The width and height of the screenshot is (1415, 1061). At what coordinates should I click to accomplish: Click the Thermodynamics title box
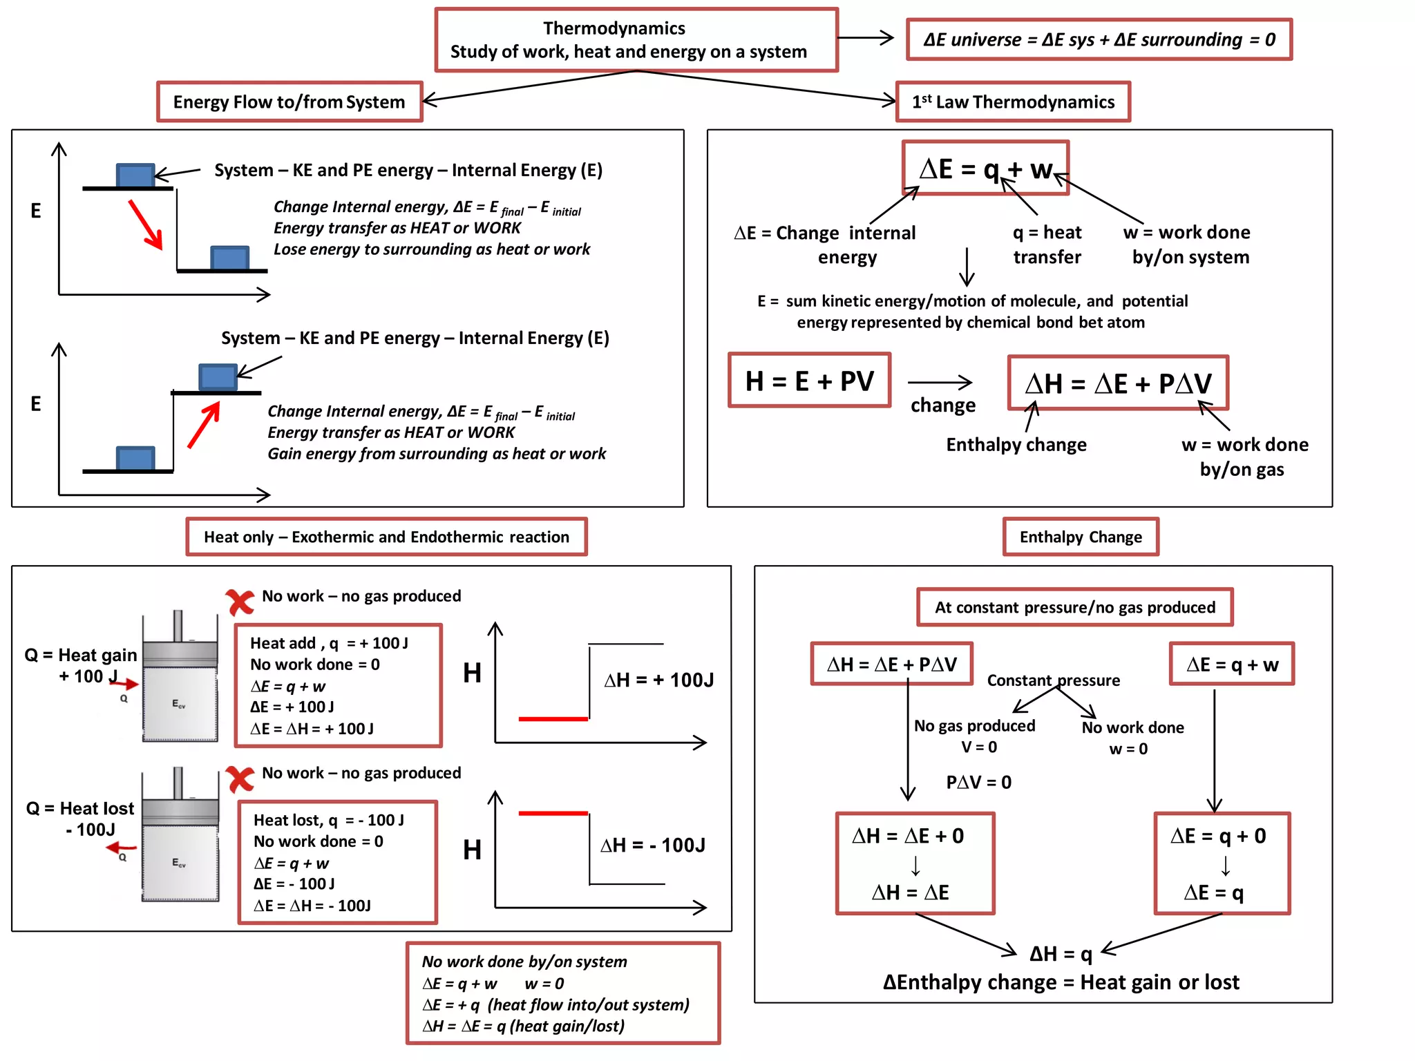pos(636,40)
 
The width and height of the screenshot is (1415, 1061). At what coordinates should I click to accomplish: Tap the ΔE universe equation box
pos(1099,39)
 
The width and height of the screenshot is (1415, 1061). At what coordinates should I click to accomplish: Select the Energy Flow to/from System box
pos(289,102)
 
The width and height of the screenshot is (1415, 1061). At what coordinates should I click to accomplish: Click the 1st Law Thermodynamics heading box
pos(1013,102)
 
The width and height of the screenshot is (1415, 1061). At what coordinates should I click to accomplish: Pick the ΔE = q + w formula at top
pos(985,169)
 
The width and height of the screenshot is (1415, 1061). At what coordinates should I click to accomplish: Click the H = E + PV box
pos(809,381)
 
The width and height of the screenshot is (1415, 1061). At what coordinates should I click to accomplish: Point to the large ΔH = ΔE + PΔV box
pos(1117,383)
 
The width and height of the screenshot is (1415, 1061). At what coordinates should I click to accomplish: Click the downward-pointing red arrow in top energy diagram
pos(146,224)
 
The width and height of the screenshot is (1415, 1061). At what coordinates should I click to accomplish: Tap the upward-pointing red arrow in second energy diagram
pos(204,424)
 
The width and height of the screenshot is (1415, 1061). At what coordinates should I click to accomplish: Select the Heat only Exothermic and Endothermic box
pos(386,537)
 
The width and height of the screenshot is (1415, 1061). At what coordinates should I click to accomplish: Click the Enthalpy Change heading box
pos(1081,537)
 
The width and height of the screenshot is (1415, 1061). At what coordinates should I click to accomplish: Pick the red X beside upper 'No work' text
pos(240,602)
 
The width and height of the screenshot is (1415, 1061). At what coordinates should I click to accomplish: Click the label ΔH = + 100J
pos(658,680)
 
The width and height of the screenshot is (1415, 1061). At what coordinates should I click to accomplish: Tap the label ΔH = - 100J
pos(652,845)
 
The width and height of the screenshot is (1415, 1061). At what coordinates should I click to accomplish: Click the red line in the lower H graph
pos(553,813)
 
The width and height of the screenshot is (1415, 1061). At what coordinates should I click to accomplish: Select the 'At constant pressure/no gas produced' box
pos(1074,607)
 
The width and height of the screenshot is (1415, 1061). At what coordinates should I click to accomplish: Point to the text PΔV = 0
pos(978,782)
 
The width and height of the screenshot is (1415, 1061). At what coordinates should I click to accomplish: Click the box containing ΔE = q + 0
pos(1221,863)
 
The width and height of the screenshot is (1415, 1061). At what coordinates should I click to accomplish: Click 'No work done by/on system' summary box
pos(562,993)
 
